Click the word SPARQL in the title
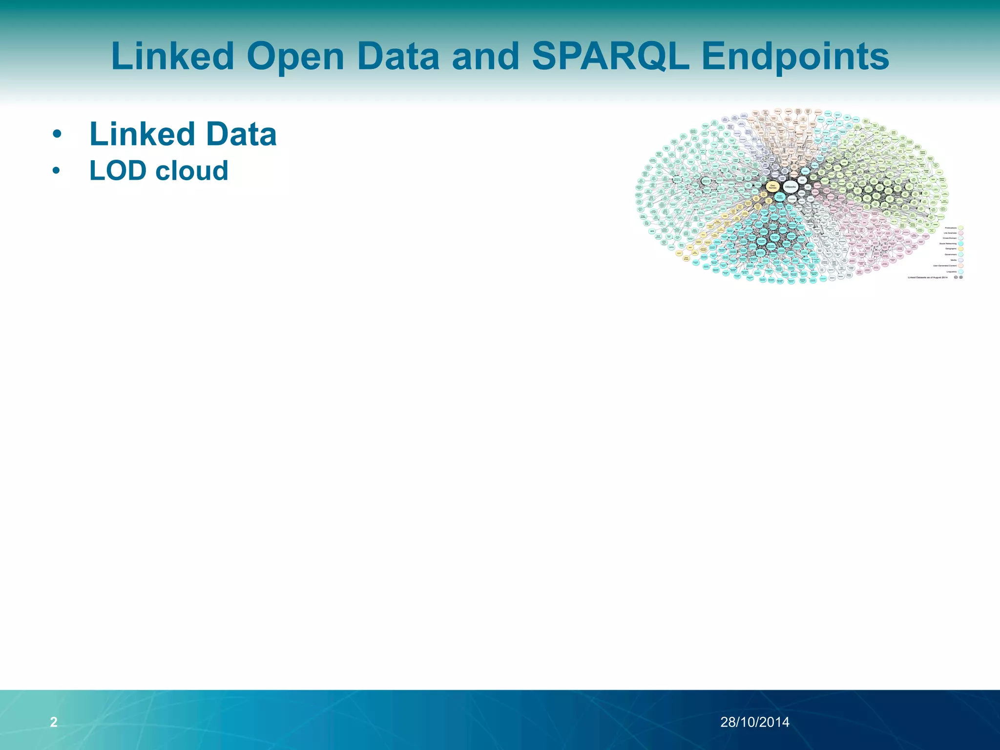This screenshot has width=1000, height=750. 610,56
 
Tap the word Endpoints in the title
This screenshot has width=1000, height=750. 795,56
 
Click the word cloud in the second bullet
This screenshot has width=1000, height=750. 191,170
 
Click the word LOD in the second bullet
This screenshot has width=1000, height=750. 118,170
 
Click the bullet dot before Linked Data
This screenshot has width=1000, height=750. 57,134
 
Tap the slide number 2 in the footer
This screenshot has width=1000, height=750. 54,722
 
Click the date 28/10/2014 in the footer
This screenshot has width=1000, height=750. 755,722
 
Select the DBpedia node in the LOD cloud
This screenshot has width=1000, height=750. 791,187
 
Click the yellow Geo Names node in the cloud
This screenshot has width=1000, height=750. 772,187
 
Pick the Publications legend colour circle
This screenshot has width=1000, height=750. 960,228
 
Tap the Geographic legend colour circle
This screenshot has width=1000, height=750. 960,249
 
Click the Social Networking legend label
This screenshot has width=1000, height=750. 948,244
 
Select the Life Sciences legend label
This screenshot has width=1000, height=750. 950,233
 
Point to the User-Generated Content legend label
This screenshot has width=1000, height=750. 945,266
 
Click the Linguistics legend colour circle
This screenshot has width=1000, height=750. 960,271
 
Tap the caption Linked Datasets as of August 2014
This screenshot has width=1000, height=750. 928,277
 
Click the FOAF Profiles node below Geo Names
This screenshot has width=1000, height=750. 780,197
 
